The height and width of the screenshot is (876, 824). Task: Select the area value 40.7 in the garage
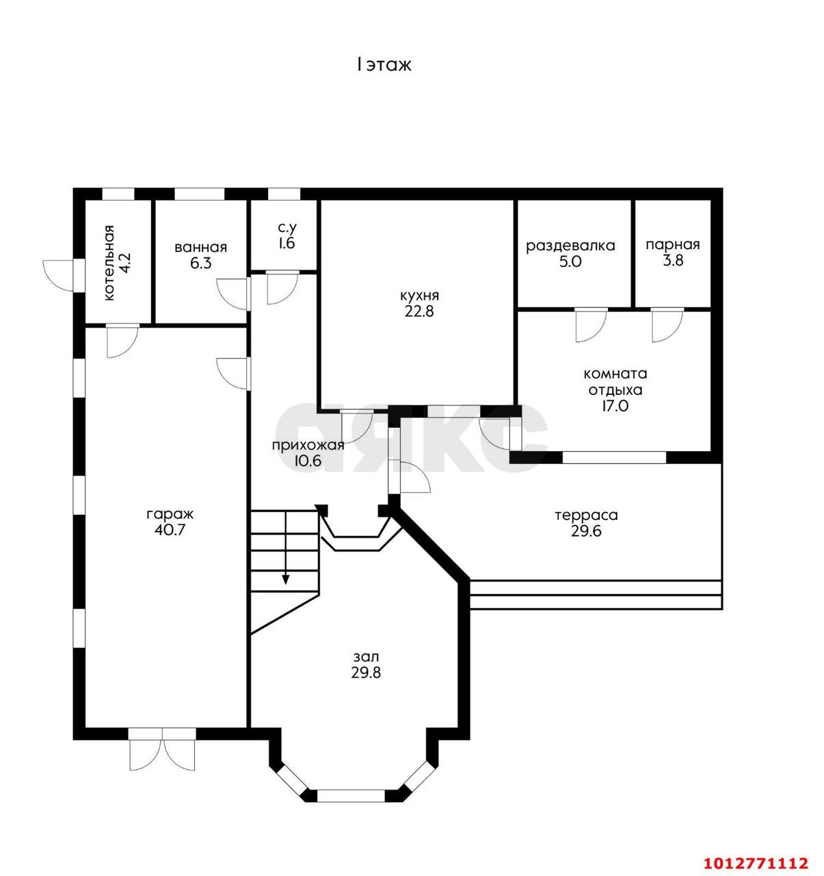(170, 529)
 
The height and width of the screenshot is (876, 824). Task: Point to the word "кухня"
(419, 295)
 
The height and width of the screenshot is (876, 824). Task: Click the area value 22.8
(419, 311)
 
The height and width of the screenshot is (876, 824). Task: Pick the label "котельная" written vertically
(109, 263)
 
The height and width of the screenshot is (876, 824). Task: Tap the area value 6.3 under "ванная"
(200, 263)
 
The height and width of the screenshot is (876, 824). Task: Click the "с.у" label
(287, 228)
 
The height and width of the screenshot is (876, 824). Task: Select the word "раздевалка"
(570, 246)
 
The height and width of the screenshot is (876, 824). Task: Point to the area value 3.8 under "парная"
(674, 260)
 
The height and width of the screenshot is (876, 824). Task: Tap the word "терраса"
(586, 515)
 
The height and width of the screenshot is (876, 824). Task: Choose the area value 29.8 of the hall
(366, 673)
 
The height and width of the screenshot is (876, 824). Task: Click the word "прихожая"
(308, 445)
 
